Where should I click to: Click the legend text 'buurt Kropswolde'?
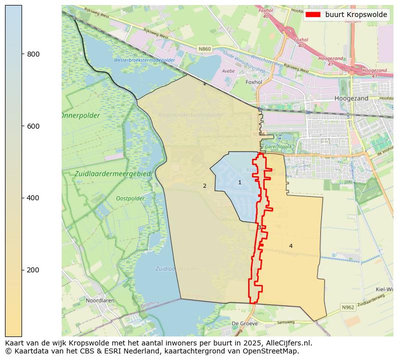[x=356, y=15]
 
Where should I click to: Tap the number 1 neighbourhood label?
[x=240, y=182]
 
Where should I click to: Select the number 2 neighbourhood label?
[x=205, y=186]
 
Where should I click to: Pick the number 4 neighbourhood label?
[x=291, y=246]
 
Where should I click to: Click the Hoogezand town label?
[x=351, y=99]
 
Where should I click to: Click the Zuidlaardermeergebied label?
[x=112, y=174]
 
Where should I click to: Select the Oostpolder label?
[x=130, y=198]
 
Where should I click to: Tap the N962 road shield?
[x=347, y=307]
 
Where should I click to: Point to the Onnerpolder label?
[x=81, y=116]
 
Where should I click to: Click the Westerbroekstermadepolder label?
[x=144, y=60]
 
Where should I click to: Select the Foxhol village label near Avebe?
[x=254, y=82]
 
